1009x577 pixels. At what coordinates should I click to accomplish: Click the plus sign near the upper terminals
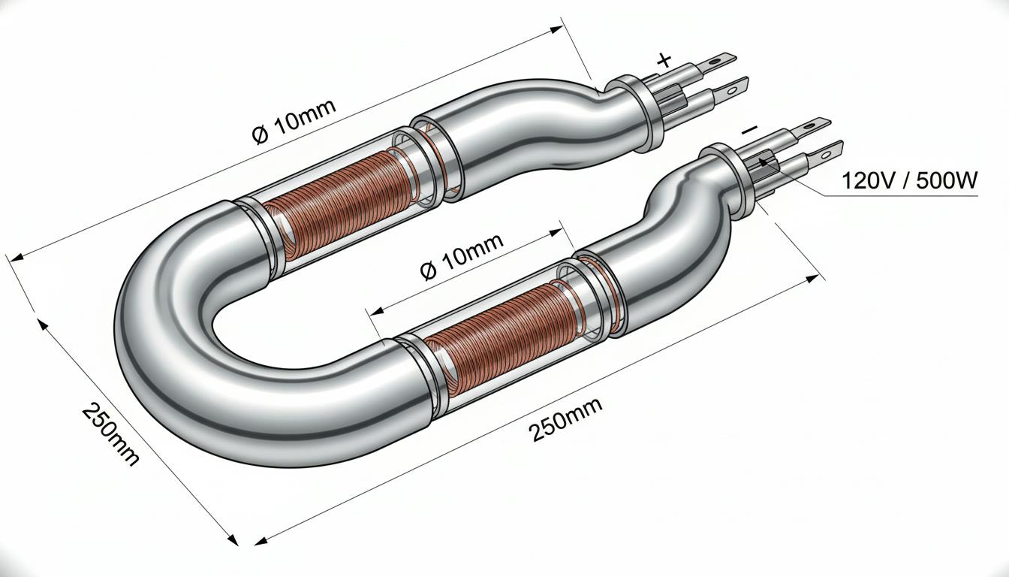pos(664,60)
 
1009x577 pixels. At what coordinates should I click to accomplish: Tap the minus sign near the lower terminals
pos(749,130)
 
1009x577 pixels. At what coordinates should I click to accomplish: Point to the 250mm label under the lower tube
pos(566,420)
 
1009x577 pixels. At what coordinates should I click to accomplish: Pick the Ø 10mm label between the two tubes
pos(461,256)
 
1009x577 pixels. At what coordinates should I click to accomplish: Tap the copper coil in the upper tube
pos(337,199)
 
